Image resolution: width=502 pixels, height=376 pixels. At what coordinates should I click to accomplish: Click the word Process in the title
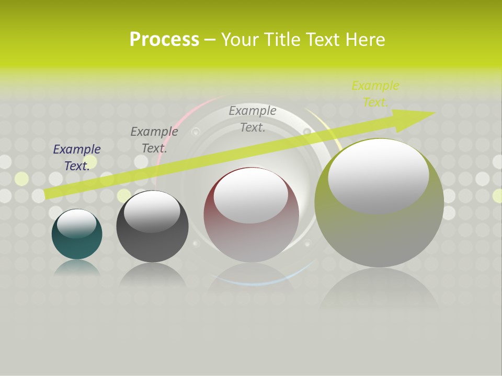pyautogui.click(x=164, y=40)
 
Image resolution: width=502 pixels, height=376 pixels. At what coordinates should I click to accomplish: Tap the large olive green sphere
pyautogui.click(x=379, y=235)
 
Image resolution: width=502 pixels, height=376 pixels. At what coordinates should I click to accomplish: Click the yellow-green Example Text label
pyautogui.click(x=375, y=94)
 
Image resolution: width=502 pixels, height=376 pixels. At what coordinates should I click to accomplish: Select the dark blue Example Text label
pyautogui.click(x=77, y=157)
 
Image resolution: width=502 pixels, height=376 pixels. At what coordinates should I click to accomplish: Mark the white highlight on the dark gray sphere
pyautogui.click(x=152, y=211)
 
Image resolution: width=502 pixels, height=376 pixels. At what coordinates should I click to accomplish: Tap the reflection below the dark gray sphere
pyautogui.click(x=152, y=274)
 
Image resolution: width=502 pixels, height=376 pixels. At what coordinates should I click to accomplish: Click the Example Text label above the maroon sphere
pyautogui.click(x=253, y=119)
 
